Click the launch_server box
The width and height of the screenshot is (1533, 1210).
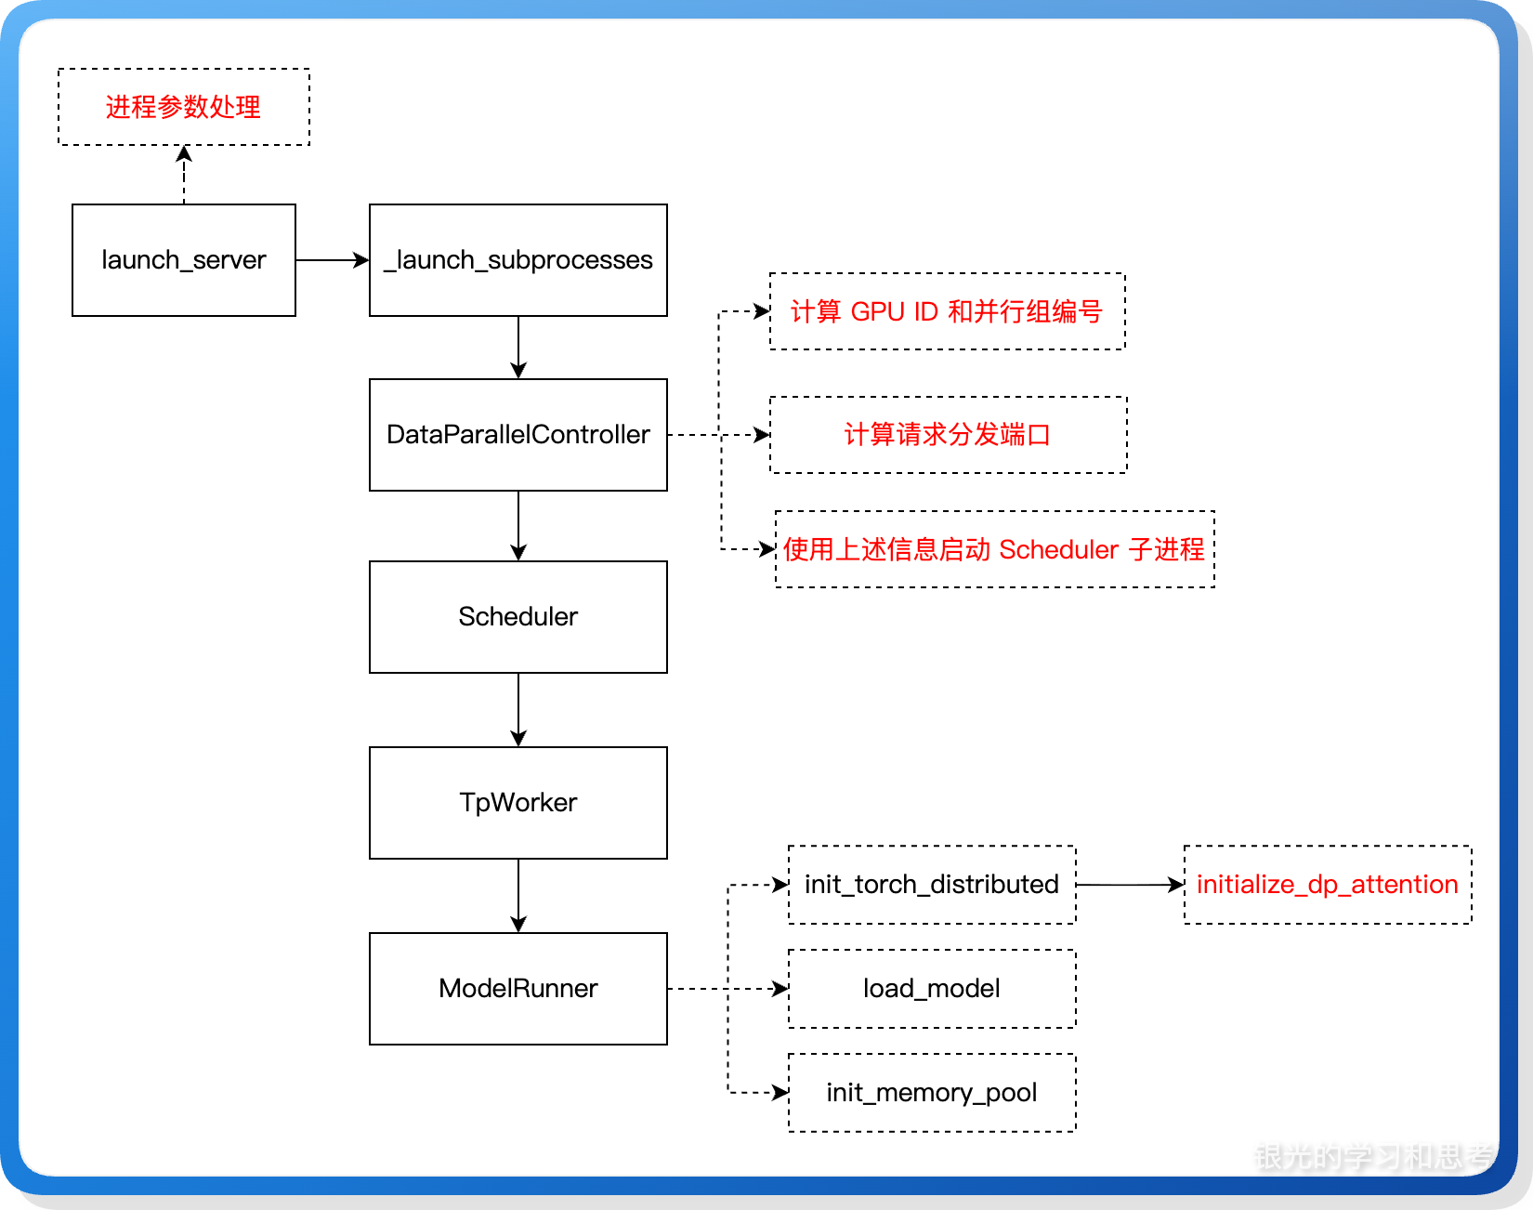coord(183,260)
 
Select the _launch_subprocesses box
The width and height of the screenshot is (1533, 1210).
coord(518,260)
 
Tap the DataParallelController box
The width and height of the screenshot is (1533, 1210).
coord(518,434)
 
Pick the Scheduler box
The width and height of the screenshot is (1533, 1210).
coord(518,616)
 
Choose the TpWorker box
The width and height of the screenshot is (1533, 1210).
coord(518,802)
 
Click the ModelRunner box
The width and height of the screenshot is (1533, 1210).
coord(518,988)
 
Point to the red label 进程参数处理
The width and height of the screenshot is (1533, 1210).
coord(183,107)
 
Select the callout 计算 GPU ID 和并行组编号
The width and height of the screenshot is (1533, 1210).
coord(947,311)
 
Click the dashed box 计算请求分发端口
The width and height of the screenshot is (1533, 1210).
coord(948,434)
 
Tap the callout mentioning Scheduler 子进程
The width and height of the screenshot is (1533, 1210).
coord(994,549)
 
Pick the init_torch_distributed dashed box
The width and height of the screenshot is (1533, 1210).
coord(931,884)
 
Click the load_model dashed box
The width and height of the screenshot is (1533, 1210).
coord(931,988)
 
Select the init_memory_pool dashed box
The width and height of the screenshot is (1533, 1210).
coord(931,1092)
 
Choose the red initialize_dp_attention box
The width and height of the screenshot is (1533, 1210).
coord(1327,884)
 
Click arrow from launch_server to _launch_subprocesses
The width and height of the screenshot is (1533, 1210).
coord(332,260)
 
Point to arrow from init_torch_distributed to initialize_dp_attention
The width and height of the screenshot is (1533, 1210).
coord(1129,885)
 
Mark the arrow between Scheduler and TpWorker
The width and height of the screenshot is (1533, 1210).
coord(518,709)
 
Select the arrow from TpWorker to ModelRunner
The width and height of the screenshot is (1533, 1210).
coord(518,895)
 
